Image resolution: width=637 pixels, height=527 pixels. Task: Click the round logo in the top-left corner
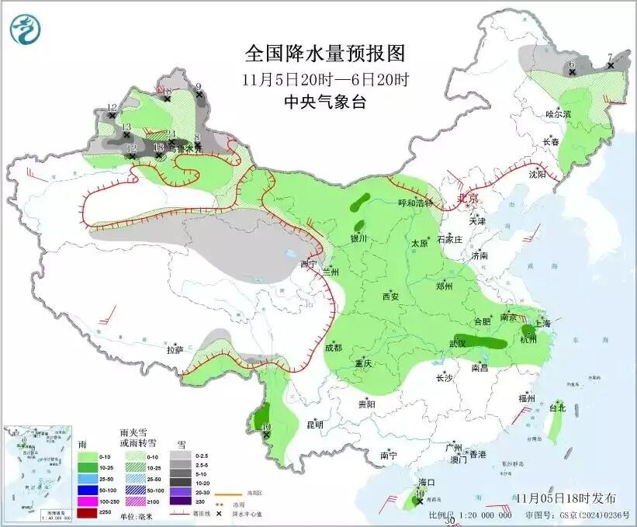26,29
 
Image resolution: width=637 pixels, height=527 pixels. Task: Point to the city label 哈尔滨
557,114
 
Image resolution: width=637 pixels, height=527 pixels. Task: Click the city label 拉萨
175,350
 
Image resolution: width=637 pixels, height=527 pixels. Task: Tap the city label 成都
334,348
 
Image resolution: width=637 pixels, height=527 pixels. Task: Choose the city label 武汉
458,343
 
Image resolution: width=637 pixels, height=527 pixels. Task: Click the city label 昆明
314,425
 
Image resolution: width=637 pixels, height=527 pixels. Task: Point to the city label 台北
557,407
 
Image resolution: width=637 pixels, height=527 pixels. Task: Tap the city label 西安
389,296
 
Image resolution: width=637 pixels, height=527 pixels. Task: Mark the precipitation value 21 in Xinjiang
171,133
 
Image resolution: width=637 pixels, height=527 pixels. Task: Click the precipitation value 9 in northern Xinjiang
199,86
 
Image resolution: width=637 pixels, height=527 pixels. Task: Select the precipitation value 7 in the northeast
610,56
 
